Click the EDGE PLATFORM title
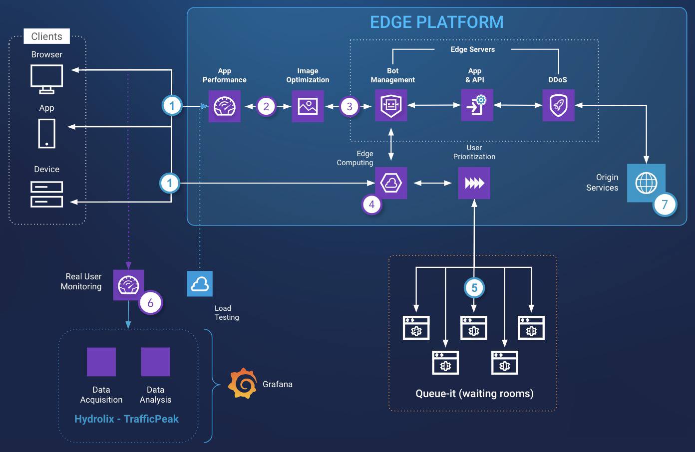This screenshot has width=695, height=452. pos(436,22)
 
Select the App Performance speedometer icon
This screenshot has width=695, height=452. pos(225,106)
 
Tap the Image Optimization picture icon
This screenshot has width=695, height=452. pos(308,106)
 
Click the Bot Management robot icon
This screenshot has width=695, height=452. pos(391,105)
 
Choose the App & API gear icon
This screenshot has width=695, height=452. pos(477,105)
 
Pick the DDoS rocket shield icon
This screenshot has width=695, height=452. pos(558,105)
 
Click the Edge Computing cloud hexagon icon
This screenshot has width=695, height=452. pos(391,183)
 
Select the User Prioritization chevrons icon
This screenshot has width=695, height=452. pos(474,183)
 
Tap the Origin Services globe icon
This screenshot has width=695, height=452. pos(646,183)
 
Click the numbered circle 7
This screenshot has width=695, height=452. pos(665,205)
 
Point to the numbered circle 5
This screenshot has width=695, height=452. pos(474,287)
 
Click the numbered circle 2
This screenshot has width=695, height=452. pos(266,106)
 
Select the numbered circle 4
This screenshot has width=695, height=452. pos(371,204)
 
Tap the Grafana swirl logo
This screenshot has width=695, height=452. pos(243,384)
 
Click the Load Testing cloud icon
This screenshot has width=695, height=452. pos(200,284)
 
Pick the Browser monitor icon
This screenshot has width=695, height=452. pos(47,79)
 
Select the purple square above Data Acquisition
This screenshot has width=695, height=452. pos(101,362)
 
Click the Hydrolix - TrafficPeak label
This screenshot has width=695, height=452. pos(126,419)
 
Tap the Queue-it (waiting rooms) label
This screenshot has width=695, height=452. pos(474,394)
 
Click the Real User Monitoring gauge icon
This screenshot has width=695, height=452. pos(128,285)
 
